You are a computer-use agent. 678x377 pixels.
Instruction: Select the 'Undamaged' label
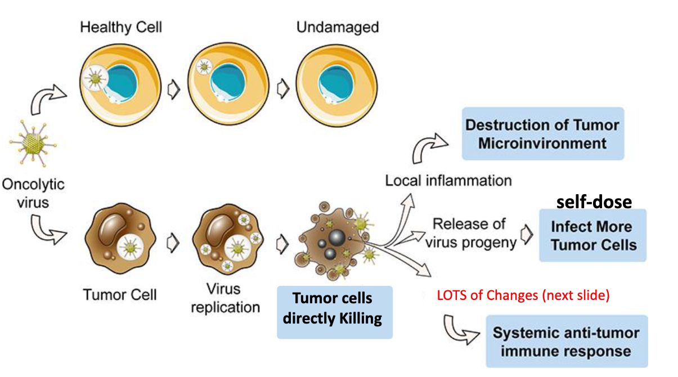[338, 27]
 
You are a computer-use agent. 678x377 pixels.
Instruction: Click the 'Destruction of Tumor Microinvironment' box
[542, 134]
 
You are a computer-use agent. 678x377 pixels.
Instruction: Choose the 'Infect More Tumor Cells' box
[592, 235]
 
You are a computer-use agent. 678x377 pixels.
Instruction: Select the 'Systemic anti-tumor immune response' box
[566, 342]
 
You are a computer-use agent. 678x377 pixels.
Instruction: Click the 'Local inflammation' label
[448, 181]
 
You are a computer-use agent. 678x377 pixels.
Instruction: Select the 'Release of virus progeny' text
[469, 233]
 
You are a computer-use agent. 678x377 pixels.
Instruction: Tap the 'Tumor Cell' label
[119, 294]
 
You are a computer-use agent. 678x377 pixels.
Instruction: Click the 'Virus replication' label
[224, 298]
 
